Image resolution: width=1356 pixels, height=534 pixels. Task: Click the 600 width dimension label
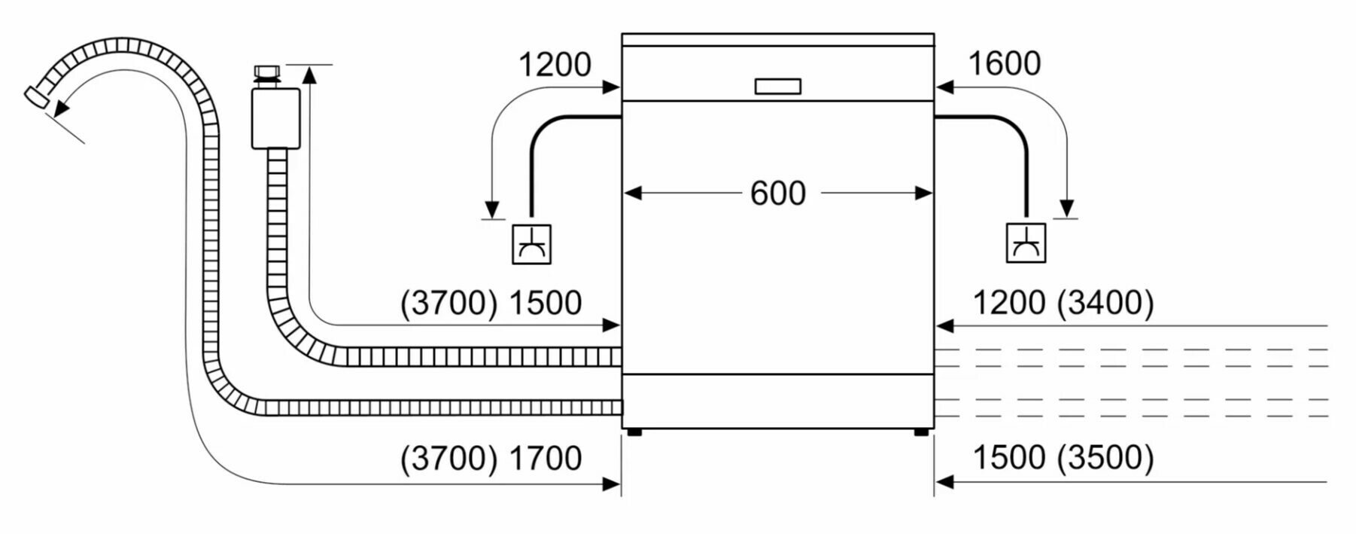tap(777, 194)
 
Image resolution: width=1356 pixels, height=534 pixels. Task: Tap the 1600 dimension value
tap(1004, 64)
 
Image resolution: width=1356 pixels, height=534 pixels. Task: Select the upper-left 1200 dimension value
tap(555, 65)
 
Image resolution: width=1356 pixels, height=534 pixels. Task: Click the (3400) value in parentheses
tap(1105, 303)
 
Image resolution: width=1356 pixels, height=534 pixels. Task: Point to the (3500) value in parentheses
tap(1105, 457)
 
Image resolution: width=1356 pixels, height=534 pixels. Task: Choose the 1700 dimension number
tap(546, 458)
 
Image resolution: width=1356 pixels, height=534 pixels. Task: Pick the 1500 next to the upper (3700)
tap(546, 303)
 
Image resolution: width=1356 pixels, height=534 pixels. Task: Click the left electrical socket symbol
tap(531, 244)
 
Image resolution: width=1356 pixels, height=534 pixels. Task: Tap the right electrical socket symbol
tap(1026, 243)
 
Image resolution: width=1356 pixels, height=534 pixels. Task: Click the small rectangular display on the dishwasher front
tap(777, 87)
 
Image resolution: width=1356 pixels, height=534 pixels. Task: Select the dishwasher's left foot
tap(634, 432)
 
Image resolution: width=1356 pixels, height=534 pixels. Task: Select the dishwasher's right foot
tap(921, 432)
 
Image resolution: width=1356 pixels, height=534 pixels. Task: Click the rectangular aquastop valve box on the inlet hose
tap(275, 118)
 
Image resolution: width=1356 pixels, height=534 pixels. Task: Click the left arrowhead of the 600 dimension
tap(632, 194)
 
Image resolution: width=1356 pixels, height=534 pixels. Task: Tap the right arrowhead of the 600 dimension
tap(924, 194)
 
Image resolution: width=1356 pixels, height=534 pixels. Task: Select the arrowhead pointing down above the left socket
tap(492, 209)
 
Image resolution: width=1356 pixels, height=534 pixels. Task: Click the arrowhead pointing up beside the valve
tap(309, 73)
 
